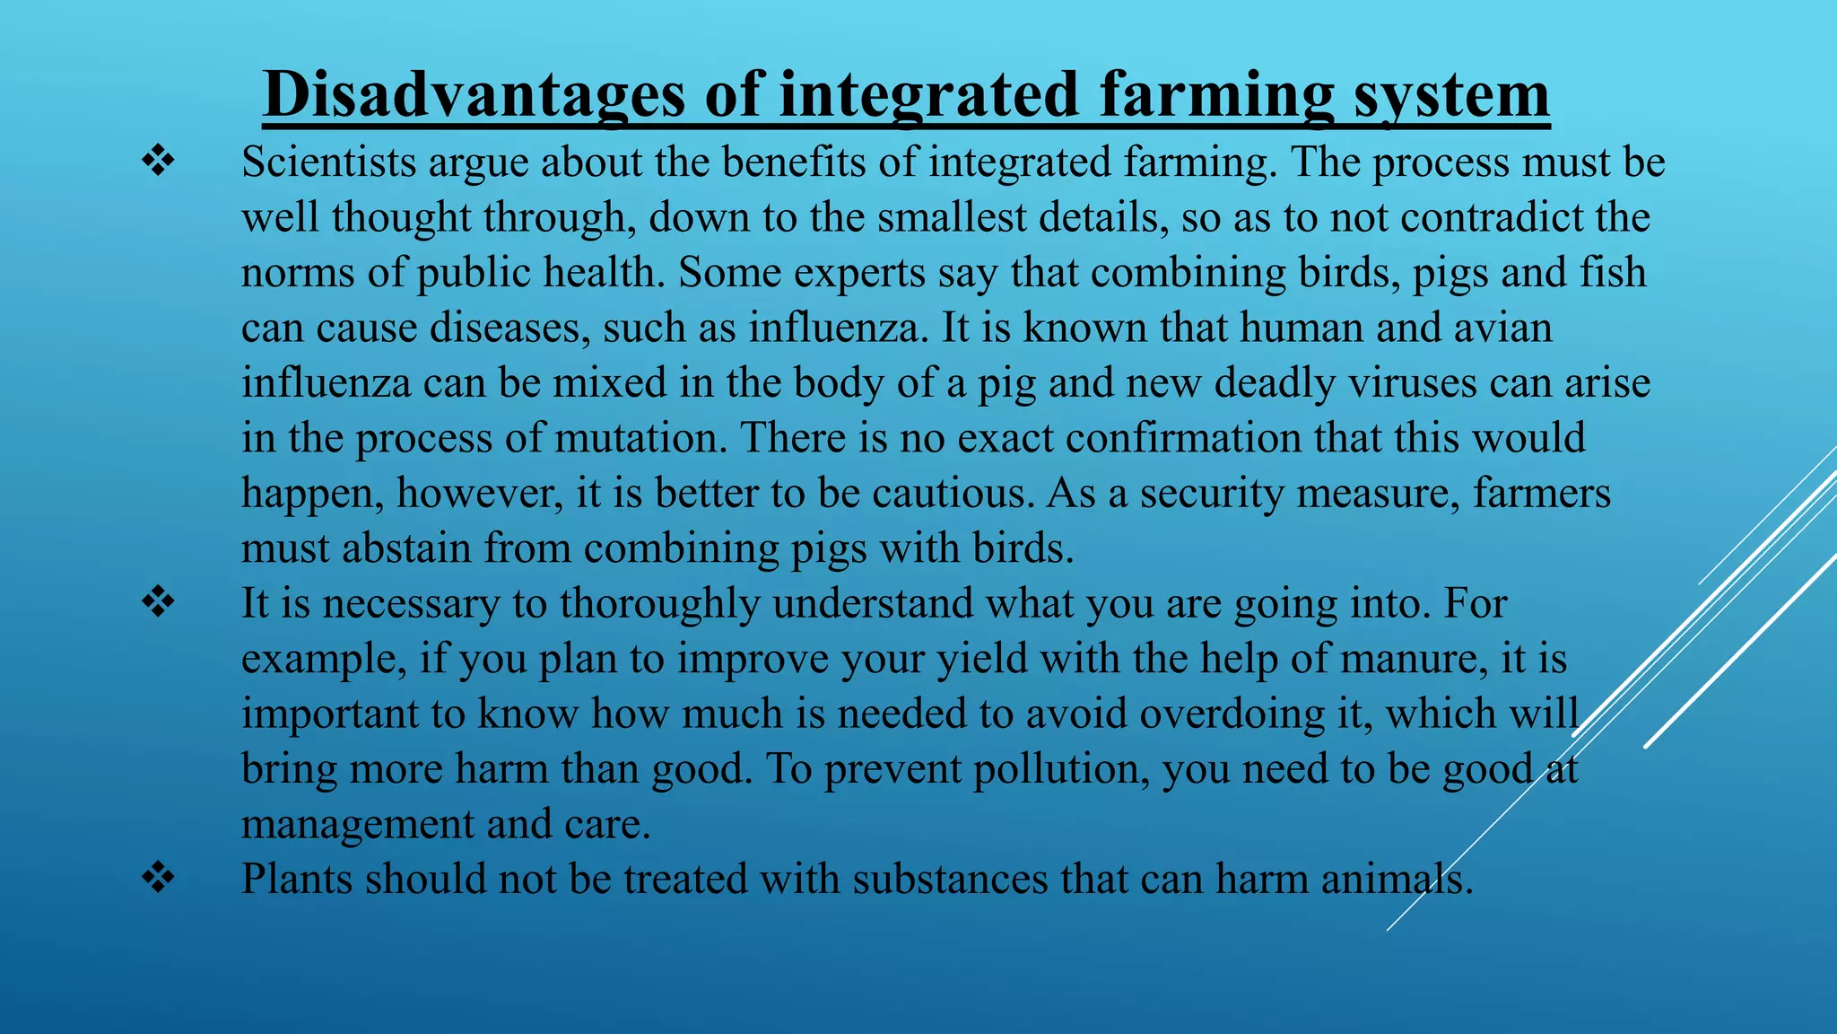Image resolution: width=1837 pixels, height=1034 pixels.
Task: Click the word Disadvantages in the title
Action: pyautogui.click(x=474, y=95)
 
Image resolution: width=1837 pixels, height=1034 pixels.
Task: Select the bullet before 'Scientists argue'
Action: pyautogui.click(x=158, y=162)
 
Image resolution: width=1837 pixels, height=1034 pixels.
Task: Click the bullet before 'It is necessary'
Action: pyautogui.click(x=158, y=603)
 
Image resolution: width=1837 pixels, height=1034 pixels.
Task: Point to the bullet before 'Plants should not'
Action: pyautogui.click(x=158, y=878)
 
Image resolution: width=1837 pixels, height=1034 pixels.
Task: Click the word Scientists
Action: pyautogui.click(x=328, y=162)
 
